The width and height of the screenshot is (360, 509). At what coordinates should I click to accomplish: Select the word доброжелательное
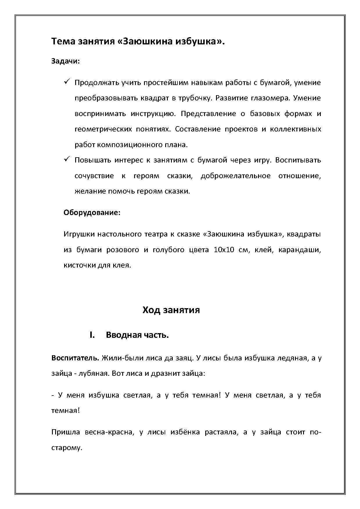coord(235,176)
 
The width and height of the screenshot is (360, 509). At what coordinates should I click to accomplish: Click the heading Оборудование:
coord(92,212)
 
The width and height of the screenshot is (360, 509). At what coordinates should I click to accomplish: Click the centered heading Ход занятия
coord(171,310)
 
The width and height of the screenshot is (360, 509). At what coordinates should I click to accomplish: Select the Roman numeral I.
coord(92,335)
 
